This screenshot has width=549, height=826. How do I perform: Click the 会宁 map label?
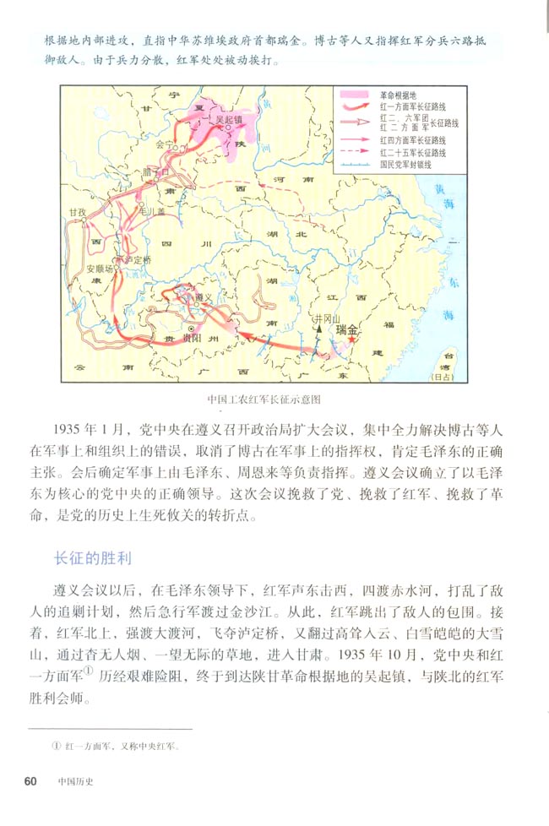click(x=165, y=144)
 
